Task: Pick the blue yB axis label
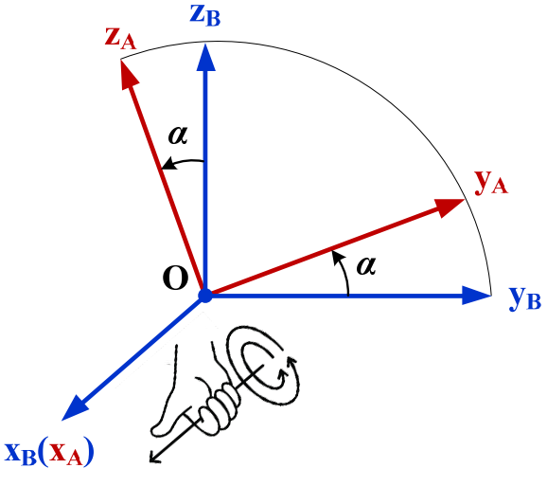(524, 299)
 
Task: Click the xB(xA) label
(49, 455)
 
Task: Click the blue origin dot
(204, 296)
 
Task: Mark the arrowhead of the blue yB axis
(477, 296)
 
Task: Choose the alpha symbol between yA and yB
(364, 265)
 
